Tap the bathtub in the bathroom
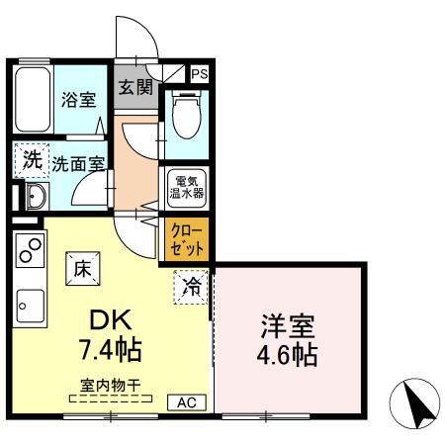[32, 100]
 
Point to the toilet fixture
[185, 117]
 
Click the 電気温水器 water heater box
[185, 188]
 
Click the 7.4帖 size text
[110, 350]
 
